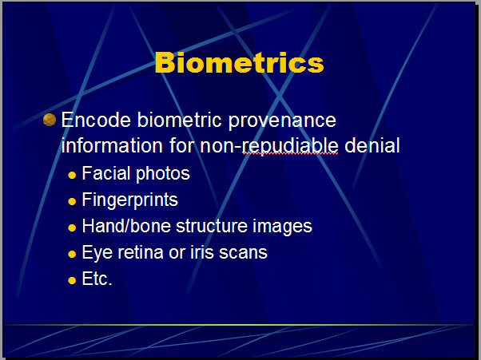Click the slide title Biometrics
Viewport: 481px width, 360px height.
click(x=239, y=62)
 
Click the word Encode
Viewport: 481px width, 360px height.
click(x=96, y=120)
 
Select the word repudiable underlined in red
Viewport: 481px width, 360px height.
click(x=290, y=146)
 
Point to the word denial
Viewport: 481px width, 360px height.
click(x=372, y=145)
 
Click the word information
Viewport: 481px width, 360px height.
click(x=112, y=145)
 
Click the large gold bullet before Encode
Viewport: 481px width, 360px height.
click(x=50, y=120)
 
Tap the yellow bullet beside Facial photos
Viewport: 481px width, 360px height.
click(x=72, y=176)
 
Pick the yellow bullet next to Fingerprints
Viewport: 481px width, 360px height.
click(x=72, y=202)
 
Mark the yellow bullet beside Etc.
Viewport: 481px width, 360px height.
click(x=72, y=280)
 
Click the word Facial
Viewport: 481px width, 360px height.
click(x=106, y=173)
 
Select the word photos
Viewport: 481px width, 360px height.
click(x=163, y=174)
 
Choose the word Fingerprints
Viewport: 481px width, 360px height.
click(x=129, y=200)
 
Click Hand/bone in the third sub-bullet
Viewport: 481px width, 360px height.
click(x=126, y=226)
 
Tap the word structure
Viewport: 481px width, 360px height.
click(x=212, y=226)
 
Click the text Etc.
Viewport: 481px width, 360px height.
click(x=97, y=279)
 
